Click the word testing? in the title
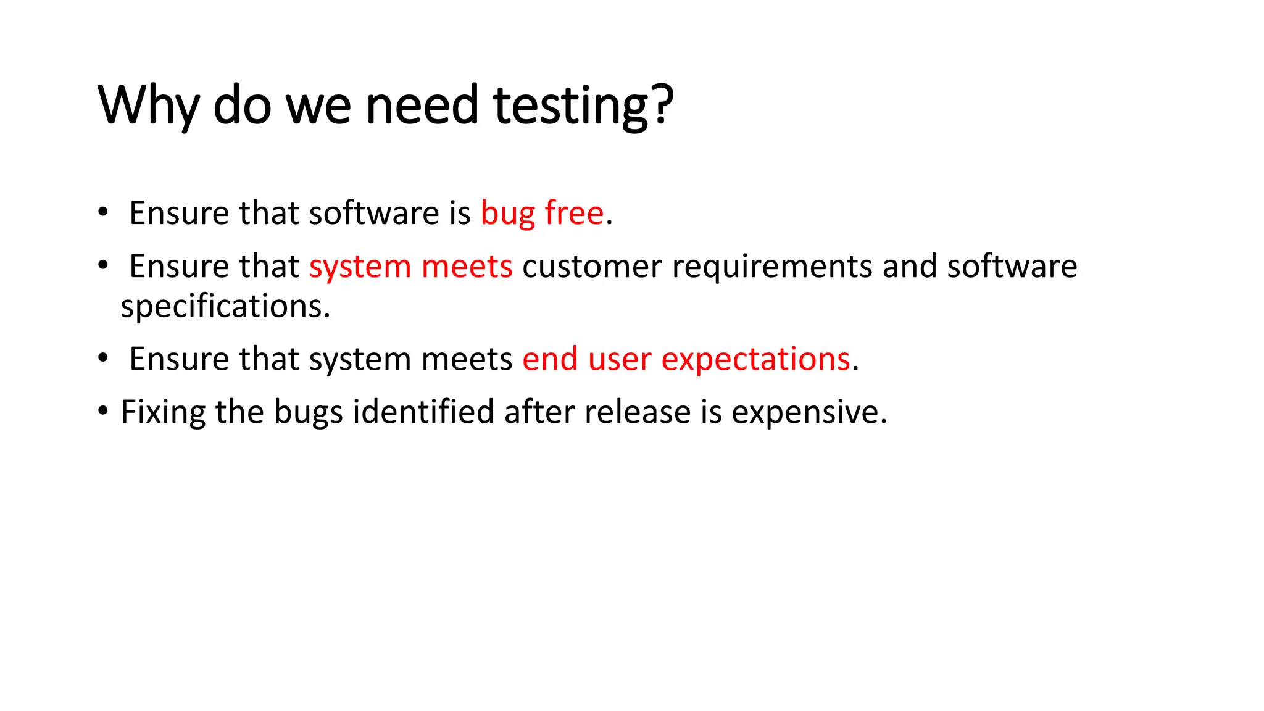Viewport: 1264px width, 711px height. pos(583,106)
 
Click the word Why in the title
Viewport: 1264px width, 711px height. pos(148,106)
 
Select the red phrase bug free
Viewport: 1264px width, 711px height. pos(542,214)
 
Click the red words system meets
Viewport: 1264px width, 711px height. pos(410,267)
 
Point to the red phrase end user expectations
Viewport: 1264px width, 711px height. pos(686,359)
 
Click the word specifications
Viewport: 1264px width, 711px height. pos(225,306)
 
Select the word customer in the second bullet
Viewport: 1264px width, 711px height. pos(592,267)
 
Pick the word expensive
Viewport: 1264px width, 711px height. pos(809,412)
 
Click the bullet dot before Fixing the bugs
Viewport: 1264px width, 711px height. pos(103,410)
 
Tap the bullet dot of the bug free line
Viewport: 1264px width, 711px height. pos(103,212)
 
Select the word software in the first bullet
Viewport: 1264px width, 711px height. pos(374,214)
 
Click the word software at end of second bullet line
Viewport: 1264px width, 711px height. pos(1012,267)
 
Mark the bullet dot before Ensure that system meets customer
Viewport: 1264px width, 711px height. pos(103,265)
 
